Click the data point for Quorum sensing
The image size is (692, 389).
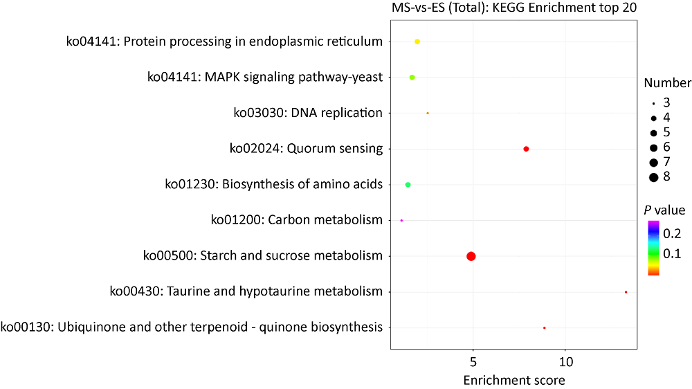click(x=527, y=149)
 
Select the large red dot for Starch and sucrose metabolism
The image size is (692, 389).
click(x=471, y=256)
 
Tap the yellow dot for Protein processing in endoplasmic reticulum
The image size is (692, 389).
click(x=417, y=42)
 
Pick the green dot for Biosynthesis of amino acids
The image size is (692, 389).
click(x=408, y=185)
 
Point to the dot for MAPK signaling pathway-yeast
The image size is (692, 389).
click(x=412, y=78)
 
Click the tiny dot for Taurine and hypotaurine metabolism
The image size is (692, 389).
click(x=626, y=292)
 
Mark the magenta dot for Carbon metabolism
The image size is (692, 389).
click(x=401, y=221)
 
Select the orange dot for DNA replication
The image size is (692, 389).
click(x=428, y=113)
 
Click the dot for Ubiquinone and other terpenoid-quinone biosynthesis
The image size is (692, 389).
click(x=545, y=327)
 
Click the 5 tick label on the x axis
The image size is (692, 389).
click(x=473, y=362)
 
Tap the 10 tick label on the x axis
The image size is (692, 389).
click(x=565, y=362)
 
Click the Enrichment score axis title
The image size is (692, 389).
click(x=513, y=380)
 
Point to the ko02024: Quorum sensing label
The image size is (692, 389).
click(x=306, y=148)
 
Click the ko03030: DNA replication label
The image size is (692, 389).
click(x=307, y=112)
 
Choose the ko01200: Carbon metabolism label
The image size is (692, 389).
click(x=296, y=220)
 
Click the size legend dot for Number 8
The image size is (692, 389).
click(x=653, y=178)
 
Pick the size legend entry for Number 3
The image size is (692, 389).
click(x=653, y=102)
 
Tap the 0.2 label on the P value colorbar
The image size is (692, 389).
click(x=672, y=233)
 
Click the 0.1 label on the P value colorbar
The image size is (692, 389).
click(x=672, y=254)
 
